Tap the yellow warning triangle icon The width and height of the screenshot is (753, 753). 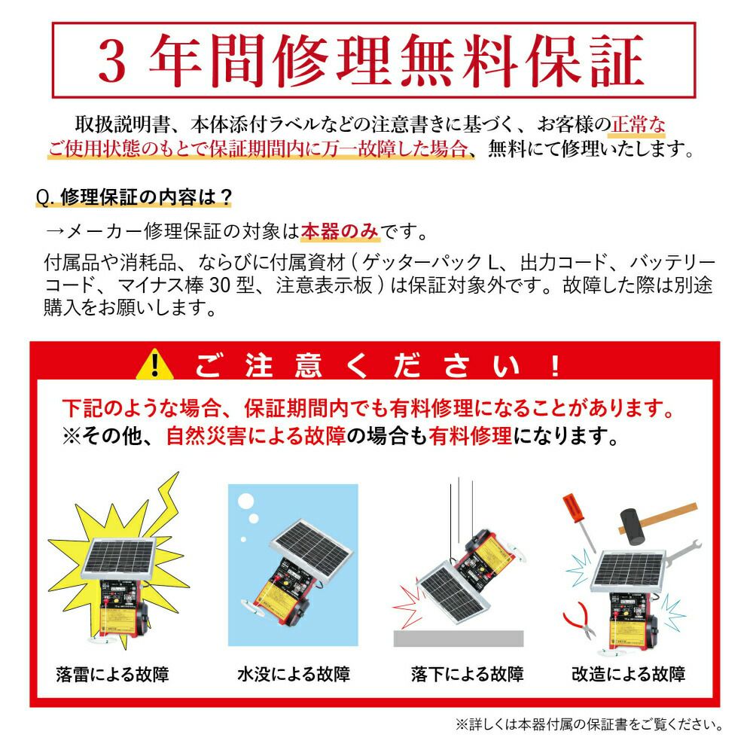point(156,365)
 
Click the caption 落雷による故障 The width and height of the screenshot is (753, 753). point(112,672)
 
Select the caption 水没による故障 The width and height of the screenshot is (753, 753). point(293,672)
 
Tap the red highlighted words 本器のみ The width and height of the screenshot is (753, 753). point(340,231)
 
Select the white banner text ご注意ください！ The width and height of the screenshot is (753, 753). point(376,365)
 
